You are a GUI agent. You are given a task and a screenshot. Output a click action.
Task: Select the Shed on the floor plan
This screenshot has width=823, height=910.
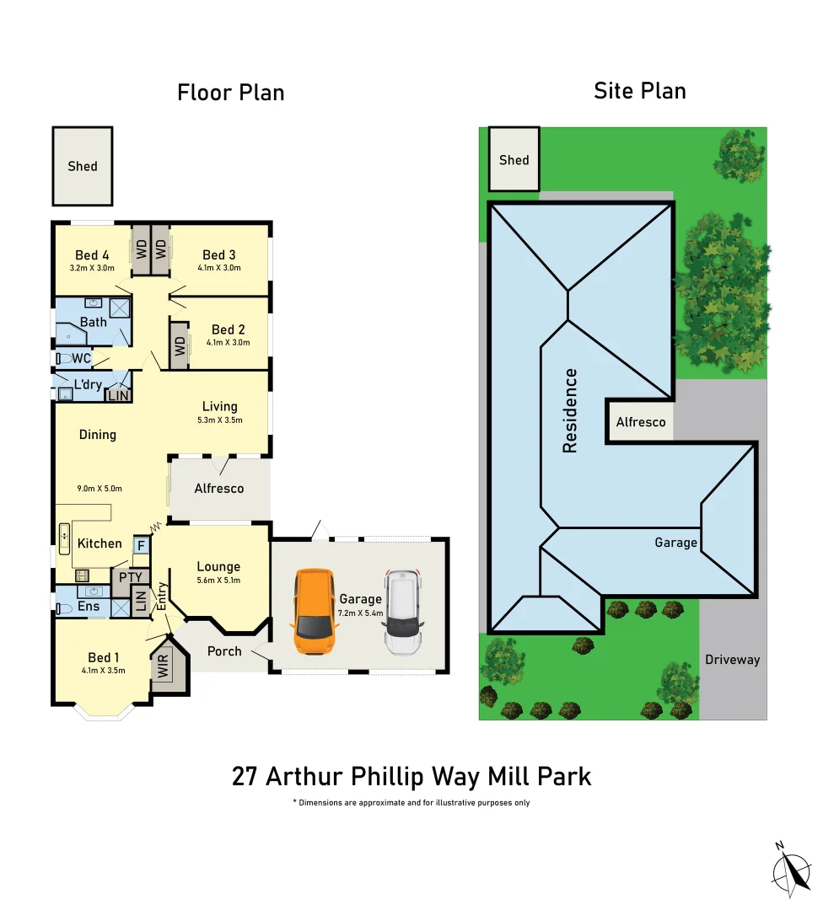[x=83, y=166]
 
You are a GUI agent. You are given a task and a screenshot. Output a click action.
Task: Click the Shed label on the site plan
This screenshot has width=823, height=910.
[x=514, y=160]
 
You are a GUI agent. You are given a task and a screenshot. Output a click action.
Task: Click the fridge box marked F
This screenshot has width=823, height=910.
[x=141, y=546]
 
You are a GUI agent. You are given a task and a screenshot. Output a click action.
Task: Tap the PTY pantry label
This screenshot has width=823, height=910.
[x=130, y=578]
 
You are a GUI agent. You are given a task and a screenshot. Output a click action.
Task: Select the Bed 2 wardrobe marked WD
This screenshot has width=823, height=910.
[x=179, y=345]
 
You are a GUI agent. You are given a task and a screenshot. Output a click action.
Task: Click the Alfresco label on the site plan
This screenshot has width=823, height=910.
[x=641, y=422]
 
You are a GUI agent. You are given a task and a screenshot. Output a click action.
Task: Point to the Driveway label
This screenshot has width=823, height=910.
[x=732, y=660]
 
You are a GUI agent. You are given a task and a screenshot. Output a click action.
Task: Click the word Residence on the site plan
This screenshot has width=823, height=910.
[x=570, y=410]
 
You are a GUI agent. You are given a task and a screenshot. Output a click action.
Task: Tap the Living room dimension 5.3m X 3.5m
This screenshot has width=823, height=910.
[x=219, y=420]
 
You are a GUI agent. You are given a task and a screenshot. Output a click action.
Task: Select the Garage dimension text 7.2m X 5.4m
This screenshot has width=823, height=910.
[x=360, y=613]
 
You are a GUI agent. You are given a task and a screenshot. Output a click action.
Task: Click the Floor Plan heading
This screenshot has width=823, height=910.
[x=230, y=93]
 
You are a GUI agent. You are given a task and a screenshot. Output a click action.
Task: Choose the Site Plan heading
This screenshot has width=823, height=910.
[x=640, y=91]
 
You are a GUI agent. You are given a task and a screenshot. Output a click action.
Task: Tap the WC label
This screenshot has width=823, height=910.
[x=81, y=359]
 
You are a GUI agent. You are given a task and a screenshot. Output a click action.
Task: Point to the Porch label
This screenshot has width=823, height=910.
[x=224, y=651]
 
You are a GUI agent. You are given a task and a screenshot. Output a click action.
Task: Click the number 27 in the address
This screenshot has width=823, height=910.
[x=245, y=776]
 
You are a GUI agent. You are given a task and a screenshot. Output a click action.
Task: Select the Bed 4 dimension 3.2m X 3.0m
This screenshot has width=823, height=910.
[x=92, y=269]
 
